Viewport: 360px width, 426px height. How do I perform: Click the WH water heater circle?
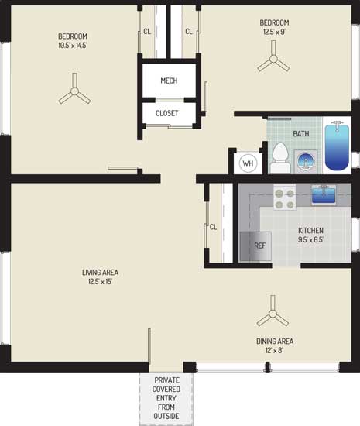248,163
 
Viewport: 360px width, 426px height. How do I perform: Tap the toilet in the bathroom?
280,158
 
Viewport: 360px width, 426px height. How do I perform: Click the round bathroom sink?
306,162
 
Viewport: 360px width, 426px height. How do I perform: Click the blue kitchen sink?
323,194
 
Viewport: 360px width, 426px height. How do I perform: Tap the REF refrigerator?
255,246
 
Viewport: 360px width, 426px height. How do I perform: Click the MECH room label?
169,81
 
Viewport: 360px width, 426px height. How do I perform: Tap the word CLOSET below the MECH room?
167,113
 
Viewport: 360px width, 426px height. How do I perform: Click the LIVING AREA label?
100,272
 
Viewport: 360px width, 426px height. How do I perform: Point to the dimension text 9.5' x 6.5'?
311,239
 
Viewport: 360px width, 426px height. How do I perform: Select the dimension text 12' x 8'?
275,350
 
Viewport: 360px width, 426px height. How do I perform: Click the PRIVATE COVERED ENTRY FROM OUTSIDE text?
166,398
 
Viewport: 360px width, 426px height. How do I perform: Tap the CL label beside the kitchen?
213,227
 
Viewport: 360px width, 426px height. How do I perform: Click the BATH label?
301,134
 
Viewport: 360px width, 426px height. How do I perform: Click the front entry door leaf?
149,345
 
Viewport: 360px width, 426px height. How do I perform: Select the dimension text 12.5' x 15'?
100,281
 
